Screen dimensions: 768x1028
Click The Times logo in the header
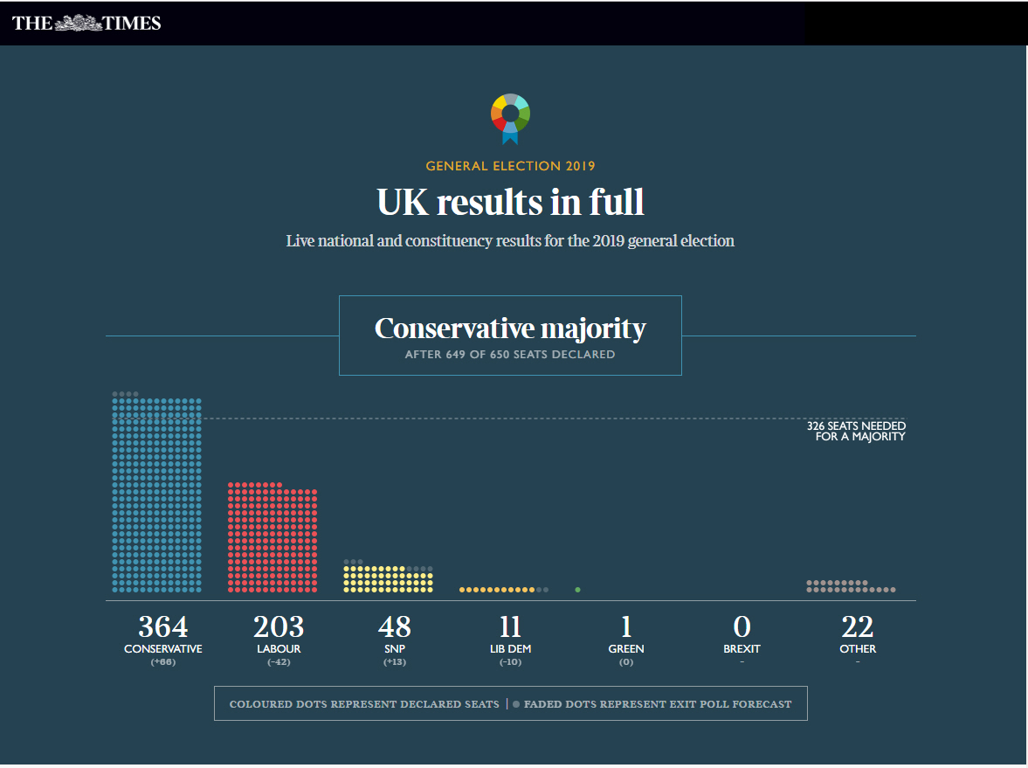86,24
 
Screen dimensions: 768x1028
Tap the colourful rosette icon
510,116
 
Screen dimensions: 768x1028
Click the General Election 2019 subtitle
510,166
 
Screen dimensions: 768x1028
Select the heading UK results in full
510,202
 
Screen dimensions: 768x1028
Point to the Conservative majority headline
510,329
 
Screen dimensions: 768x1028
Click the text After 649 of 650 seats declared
510,355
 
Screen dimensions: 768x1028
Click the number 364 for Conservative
163,626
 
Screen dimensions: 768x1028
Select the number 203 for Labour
279,626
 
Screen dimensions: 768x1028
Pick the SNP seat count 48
395,626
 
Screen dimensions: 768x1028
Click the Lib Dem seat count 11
510,626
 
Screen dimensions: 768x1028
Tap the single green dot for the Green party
577,590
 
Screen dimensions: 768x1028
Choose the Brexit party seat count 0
742,626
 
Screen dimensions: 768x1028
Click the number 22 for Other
858,626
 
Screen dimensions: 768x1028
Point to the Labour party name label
279,649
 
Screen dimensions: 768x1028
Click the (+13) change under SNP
395,662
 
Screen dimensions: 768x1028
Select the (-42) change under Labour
279,662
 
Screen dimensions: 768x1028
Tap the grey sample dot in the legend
516,703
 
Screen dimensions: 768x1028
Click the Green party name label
626,649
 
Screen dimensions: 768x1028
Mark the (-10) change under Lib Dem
510,662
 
